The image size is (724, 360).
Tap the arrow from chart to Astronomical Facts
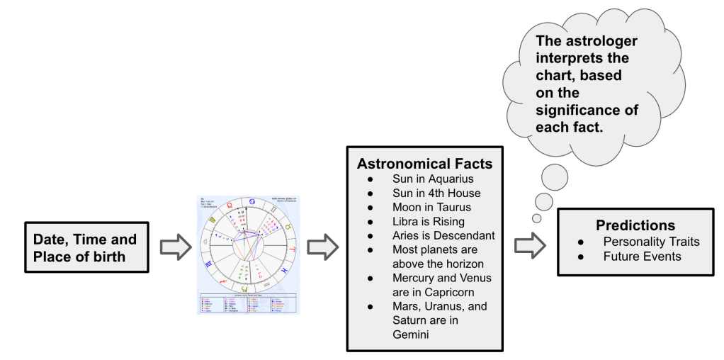(x=323, y=247)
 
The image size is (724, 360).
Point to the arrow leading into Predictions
(x=528, y=244)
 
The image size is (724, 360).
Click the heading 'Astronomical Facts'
(x=424, y=164)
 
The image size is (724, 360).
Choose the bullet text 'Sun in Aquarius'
(x=432, y=179)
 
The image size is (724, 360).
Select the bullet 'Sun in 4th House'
(x=436, y=193)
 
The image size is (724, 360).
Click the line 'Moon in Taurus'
(x=431, y=207)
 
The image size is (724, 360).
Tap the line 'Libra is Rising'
(x=429, y=221)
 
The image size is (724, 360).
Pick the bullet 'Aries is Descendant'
(x=443, y=235)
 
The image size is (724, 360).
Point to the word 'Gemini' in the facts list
(x=411, y=334)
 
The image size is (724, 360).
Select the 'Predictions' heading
(x=635, y=226)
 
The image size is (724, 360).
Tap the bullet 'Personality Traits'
(x=651, y=242)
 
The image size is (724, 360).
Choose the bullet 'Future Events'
(x=642, y=256)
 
